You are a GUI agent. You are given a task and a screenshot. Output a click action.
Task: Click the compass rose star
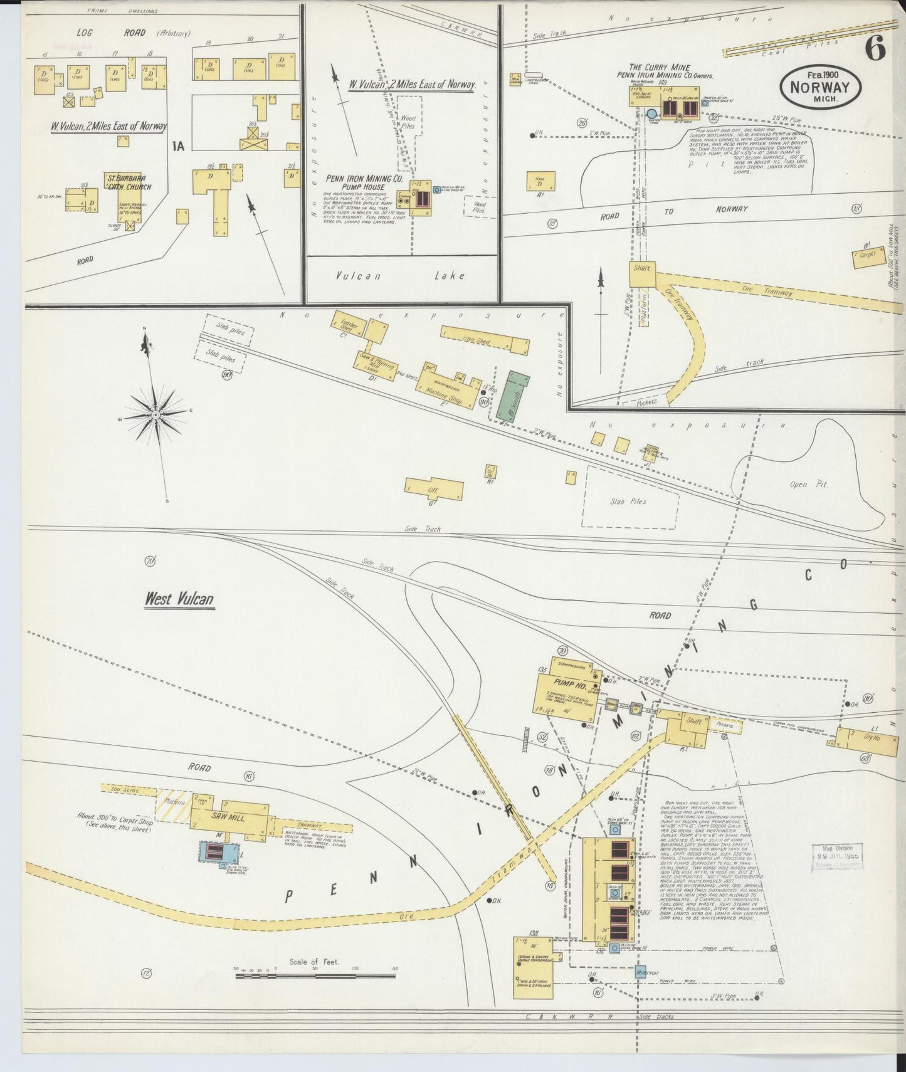155,414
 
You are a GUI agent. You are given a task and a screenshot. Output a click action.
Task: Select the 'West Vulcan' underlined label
179,599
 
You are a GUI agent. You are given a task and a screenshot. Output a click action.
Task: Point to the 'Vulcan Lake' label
399,275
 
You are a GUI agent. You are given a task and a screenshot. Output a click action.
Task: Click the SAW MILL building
228,817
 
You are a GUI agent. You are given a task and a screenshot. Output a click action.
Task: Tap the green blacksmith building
513,396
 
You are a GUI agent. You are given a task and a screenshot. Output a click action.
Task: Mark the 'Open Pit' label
809,484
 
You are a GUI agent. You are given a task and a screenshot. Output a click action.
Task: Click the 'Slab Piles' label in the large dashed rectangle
628,502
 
